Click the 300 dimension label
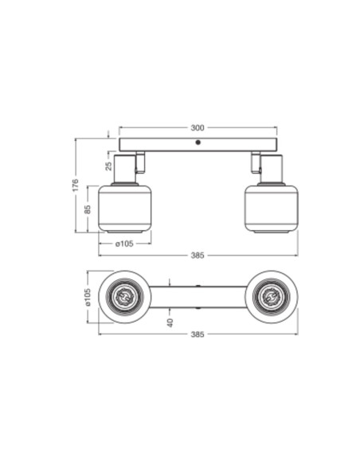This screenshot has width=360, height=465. coord(198,128)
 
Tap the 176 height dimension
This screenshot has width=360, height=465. coord(76,185)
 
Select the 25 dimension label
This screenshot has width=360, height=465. coord(109,166)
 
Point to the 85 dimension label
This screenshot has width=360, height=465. coord(87,209)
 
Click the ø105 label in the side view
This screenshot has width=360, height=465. coord(124,244)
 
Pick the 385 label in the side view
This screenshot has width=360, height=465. coord(198,256)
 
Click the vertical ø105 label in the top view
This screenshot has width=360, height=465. coord(87,297)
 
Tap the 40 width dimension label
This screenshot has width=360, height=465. coord(170,322)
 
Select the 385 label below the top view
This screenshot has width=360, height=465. coord(198,334)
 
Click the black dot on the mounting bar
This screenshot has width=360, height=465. coord(198,143)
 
